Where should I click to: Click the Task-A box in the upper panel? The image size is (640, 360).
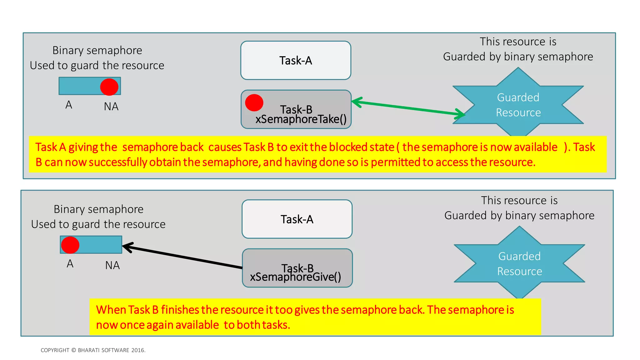point(296,60)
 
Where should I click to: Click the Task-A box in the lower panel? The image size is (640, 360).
point(297,219)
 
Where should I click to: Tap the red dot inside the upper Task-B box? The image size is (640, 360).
point(254,103)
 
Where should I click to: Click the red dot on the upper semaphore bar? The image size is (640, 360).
point(109,87)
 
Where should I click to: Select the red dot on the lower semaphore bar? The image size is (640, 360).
point(70,245)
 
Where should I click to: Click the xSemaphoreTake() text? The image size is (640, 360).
point(301,119)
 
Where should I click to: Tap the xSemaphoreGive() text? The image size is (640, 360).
point(295,277)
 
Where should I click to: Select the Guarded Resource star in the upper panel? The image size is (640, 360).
point(518,105)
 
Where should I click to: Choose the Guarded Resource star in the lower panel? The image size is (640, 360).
point(519,263)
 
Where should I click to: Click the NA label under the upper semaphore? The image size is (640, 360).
point(111,107)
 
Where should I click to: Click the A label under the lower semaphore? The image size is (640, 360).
point(70,264)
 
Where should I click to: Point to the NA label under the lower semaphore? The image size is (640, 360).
point(112,265)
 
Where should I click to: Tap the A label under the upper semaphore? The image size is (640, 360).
point(69,105)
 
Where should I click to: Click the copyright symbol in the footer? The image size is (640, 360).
point(74,350)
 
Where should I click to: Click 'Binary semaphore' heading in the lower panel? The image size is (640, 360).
point(98,209)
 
